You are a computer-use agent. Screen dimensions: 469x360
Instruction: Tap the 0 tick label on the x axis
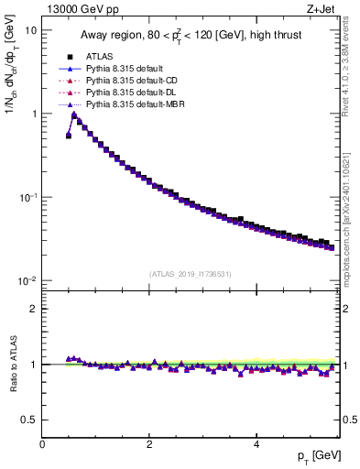(x=42, y=443)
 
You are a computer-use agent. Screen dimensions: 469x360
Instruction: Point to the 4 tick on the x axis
(x=256, y=443)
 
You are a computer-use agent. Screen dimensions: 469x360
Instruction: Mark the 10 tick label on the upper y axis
(x=30, y=30)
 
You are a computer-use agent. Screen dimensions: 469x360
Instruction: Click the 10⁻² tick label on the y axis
(x=27, y=281)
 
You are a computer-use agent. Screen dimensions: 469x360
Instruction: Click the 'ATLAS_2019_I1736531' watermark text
(x=191, y=274)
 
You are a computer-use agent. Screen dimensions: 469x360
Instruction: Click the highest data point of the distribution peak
(x=74, y=115)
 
